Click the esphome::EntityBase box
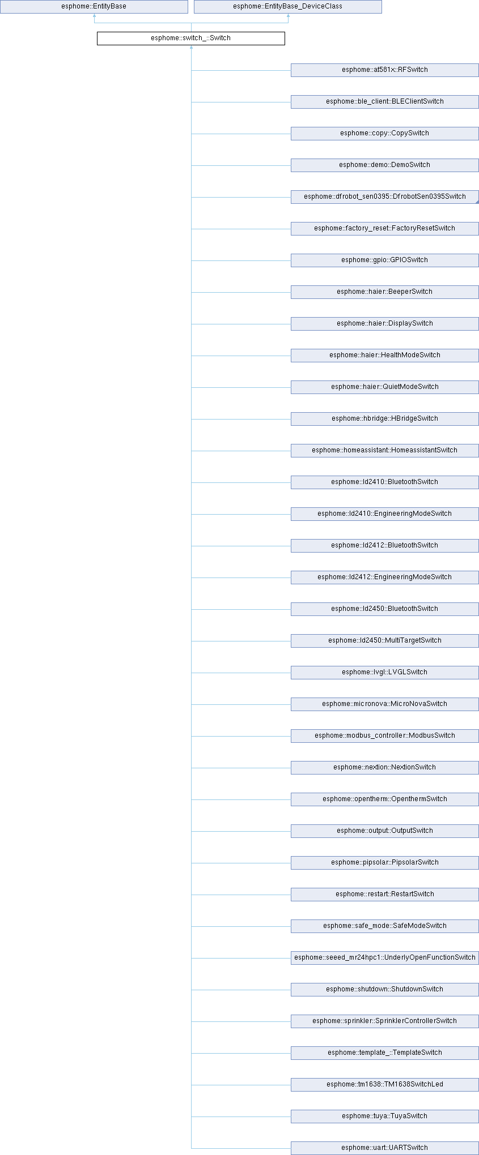tap(94, 7)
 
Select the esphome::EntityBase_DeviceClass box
tap(287, 7)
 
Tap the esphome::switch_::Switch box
tap(190, 38)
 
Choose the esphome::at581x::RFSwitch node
tap(384, 70)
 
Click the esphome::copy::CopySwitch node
tap(384, 134)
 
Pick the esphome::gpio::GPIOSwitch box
tap(384, 260)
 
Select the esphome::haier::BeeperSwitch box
tap(384, 292)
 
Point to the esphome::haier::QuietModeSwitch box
tap(384, 387)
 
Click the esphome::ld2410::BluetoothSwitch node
tap(384, 482)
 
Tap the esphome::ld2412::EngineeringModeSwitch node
tap(384, 577)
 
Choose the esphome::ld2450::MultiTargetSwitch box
tap(384, 641)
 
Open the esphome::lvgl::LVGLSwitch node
tap(384, 673)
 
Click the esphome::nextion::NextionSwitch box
tap(384, 768)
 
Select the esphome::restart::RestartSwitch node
tap(384, 895)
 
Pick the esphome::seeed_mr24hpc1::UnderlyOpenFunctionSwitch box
tap(384, 958)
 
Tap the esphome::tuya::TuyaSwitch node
tap(384, 1116)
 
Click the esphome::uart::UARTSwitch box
tap(384, 1148)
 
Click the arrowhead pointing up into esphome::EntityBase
tap(94, 16)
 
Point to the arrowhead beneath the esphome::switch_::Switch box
tap(191, 48)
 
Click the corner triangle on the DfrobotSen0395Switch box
tap(477, 202)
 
